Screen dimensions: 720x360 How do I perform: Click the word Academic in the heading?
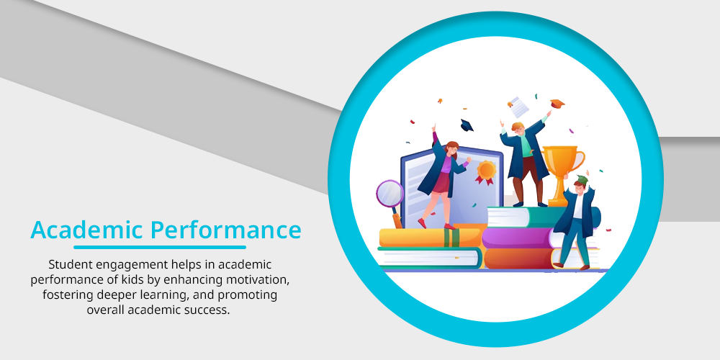click(x=87, y=230)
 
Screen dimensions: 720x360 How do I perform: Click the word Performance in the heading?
click(x=226, y=230)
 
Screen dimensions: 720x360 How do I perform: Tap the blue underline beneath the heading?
click(x=160, y=247)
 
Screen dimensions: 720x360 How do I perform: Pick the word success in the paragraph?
click(x=210, y=310)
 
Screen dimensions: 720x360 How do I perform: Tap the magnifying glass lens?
click(x=390, y=193)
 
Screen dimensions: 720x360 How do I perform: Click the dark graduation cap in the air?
click(x=467, y=125)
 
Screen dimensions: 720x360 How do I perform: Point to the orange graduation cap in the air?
click(x=557, y=104)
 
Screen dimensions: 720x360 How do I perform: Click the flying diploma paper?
click(x=518, y=107)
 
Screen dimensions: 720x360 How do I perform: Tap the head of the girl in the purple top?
click(x=451, y=148)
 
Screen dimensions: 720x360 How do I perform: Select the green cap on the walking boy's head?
click(x=581, y=179)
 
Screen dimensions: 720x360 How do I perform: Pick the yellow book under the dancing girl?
click(x=430, y=238)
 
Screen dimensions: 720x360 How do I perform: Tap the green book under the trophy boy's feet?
click(x=528, y=217)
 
